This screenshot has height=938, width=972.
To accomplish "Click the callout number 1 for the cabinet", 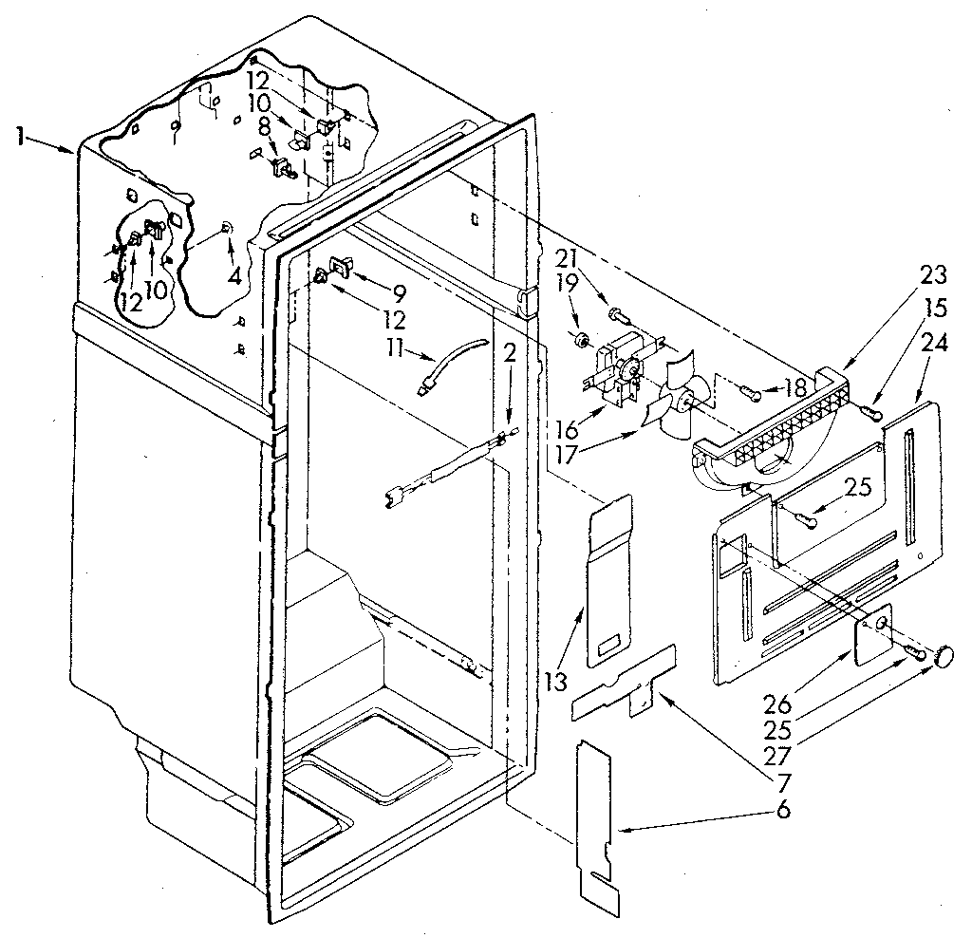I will click(x=20, y=136).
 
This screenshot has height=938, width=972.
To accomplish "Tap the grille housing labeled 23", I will click(x=769, y=437).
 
